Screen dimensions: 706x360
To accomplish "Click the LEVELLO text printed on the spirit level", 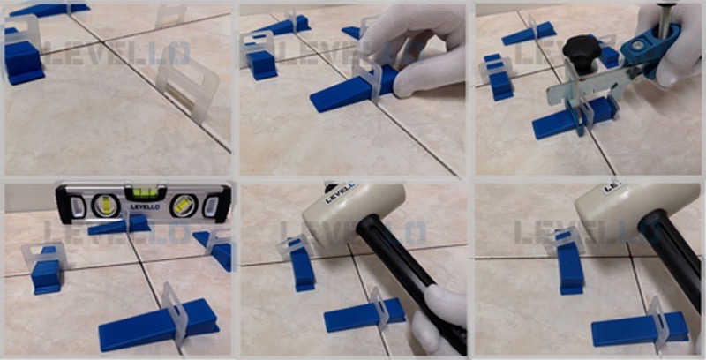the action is [145, 207].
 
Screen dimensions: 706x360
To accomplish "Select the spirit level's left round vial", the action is [106, 206].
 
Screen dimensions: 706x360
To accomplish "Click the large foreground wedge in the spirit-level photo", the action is [159, 324].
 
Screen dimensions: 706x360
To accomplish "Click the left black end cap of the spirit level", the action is [64, 205].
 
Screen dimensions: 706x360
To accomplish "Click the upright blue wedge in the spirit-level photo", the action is [46, 270].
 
